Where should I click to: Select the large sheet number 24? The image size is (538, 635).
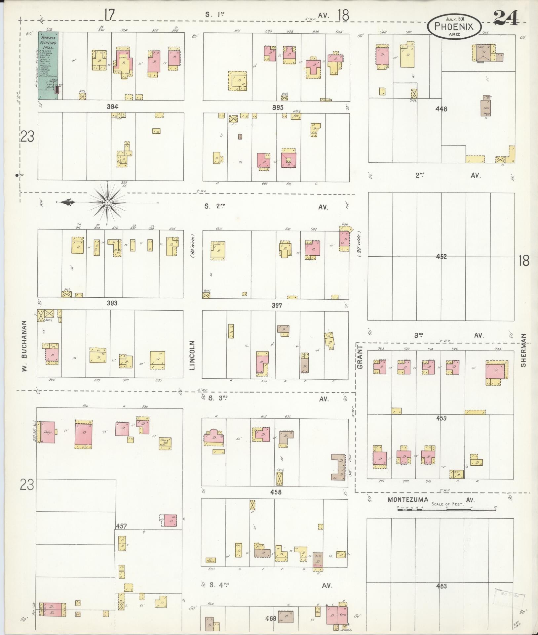506,18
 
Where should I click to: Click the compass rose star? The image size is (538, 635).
107,202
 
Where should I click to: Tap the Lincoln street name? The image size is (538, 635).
193,355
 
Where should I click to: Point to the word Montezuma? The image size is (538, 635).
408,500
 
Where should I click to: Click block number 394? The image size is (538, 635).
112,107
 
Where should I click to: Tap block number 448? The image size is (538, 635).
442,109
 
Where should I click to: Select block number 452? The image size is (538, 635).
442,257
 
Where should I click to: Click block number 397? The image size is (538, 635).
277,306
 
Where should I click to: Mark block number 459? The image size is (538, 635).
442,418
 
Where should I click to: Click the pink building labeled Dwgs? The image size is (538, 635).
48,432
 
